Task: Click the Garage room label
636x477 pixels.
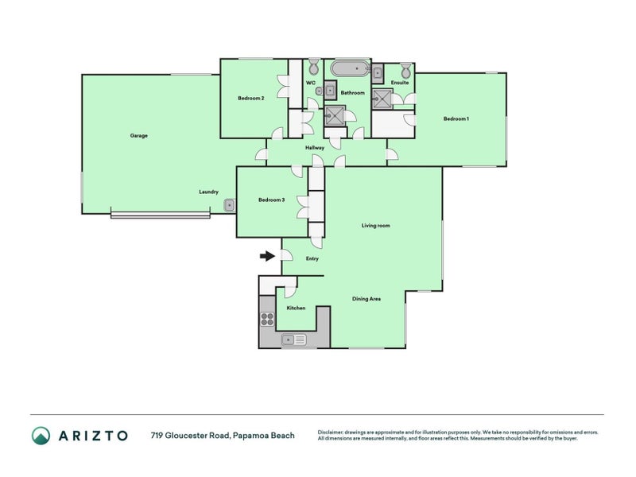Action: point(138,135)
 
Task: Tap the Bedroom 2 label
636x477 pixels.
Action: point(251,98)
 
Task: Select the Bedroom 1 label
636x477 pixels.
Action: point(456,118)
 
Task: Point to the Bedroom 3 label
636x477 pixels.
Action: point(271,200)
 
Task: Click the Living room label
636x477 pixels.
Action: point(375,226)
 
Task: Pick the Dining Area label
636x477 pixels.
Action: point(366,299)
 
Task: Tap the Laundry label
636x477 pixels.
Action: point(208,192)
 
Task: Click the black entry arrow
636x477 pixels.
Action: point(267,256)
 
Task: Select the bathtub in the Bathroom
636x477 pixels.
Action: point(350,68)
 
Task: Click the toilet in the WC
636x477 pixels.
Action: point(314,66)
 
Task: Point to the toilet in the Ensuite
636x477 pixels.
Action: point(405,71)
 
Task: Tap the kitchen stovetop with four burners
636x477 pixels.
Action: point(267,319)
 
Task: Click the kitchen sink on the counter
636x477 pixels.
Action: point(294,339)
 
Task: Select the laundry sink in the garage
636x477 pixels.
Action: point(229,205)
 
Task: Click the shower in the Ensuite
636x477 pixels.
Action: point(382,99)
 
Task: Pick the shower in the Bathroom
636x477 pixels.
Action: point(335,115)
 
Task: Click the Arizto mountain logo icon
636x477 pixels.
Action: point(41,436)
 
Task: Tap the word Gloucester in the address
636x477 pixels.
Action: point(187,436)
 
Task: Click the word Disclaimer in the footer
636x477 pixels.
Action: point(331,432)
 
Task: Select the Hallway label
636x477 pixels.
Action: point(315,148)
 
